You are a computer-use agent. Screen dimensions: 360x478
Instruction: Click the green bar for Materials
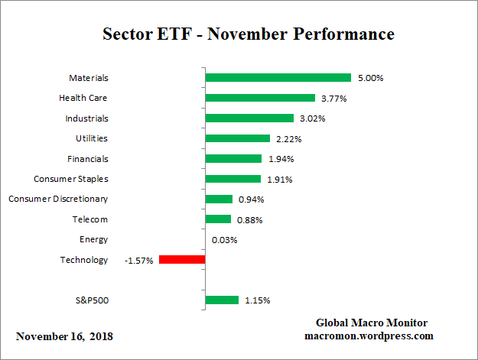coord(278,78)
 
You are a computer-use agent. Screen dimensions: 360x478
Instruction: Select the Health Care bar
coord(261,98)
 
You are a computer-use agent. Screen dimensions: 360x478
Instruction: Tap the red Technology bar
coord(182,260)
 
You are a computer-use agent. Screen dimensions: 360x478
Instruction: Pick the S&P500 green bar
coord(223,300)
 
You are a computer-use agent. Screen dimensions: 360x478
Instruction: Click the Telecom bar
coord(219,219)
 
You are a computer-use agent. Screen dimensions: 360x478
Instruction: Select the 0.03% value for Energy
coord(225,240)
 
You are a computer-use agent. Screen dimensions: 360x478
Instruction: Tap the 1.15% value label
coord(256,300)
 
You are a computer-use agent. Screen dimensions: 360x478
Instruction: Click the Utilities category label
coord(92,138)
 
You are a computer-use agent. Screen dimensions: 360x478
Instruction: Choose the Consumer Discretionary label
coord(58,199)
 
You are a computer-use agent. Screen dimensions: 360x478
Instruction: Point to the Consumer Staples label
coord(71,179)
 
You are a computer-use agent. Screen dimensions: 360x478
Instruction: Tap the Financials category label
coord(88,159)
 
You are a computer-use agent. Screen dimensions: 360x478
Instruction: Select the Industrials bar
coord(250,118)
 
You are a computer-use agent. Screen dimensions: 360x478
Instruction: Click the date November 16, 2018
coord(64,336)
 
